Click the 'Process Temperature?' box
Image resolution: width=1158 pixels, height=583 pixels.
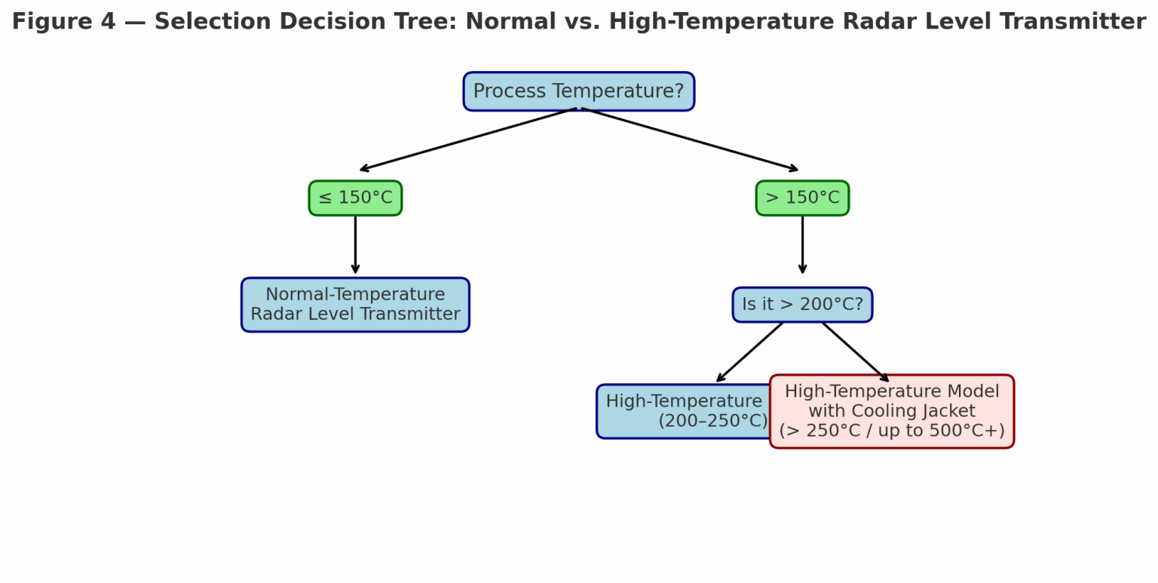pyautogui.click(x=578, y=91)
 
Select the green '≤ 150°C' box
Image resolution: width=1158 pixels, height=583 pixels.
pyautogui.click(x=355, y=198)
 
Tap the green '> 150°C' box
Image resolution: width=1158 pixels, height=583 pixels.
pyautogui.click(x=802, y=198)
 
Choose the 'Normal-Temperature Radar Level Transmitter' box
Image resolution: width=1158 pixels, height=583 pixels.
pyautogui.click(x=355, y=305)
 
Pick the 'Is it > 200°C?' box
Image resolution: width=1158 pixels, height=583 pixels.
pyautogui.click(x=802, y=305)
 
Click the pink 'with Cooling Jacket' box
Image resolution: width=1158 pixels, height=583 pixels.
pyautogui.click(x=892, y=411)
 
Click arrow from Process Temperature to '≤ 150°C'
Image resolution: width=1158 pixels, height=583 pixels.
pyautogui.click(x=467, y=140)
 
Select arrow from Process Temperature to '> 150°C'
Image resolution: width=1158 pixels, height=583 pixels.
pyautogui.click(x=689, y=140)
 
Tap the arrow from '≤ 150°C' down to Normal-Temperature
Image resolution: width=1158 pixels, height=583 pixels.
pyautogui.click(x=355, y=245)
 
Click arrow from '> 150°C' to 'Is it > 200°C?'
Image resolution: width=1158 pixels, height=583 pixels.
pyautogui.click(x=802, y=245)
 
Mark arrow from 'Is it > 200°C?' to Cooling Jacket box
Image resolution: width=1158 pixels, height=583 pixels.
pyautogui.click(x=856, y=352)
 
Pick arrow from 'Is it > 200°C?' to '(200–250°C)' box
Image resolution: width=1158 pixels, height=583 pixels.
pyautogui.click(x=749, y=352)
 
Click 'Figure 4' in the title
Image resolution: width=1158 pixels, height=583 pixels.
pyautogui.click(x=63, y=22)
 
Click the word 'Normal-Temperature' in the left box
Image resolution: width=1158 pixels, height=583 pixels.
pyautogui.click(x=355, y=295)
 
